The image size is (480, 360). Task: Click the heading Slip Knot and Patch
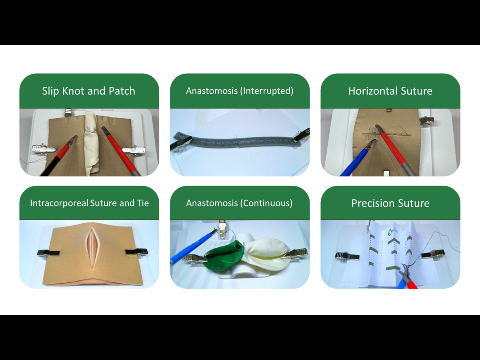pos(88,91)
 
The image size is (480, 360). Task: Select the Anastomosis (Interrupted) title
pos(240,91)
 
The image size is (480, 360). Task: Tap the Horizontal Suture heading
pos(390,91)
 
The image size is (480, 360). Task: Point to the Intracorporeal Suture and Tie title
pos(90,203)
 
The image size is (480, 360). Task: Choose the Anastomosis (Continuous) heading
pos(239,203)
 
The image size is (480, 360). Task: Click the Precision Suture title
pos(390,203)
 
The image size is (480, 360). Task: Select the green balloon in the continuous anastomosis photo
pos(224,256)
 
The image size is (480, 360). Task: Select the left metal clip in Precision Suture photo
pos(347,256)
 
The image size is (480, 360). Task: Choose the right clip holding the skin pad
pos(136,252)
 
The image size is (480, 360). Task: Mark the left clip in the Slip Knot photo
pos(44,149)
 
